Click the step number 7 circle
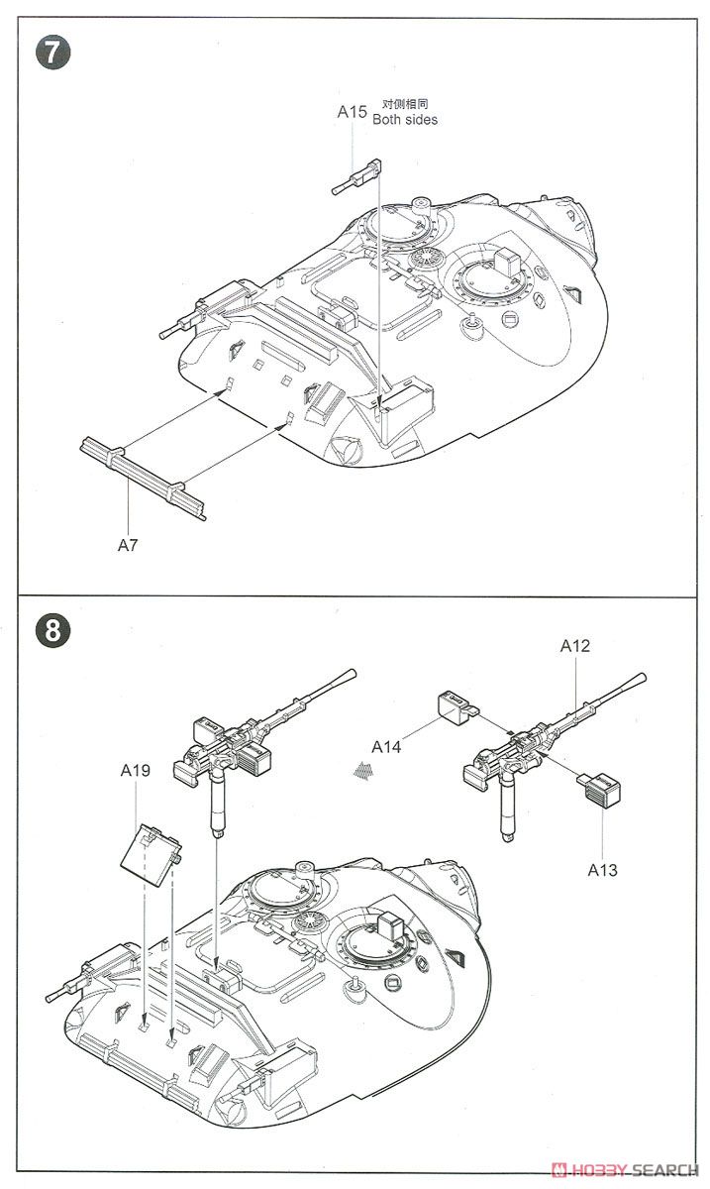click(53, 53)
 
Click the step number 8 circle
click(53, 630)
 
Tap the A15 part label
click(352, 112)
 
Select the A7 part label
click(129, 544)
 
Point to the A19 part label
click(136, 770)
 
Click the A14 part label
click(386, 747)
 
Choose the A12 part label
click(574, 646)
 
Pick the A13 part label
click(602, 870)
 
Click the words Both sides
click(404, 120)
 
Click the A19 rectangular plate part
click(150, 846)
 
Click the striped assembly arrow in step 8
click(364, 768)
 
